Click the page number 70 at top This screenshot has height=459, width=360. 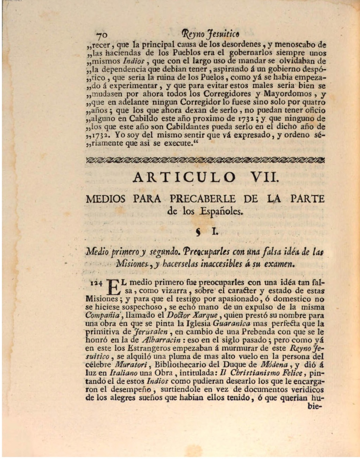(102, 35)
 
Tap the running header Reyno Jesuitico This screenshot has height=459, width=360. (211, 34)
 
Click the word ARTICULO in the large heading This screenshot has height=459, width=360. (184, 177)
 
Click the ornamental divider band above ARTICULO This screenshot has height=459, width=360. (205, 160)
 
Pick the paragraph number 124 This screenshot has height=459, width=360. (96, 282)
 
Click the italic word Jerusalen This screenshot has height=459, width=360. (151, 332)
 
